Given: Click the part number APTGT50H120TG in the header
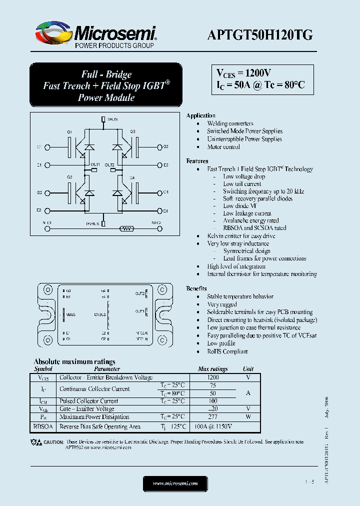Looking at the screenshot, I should click(x=260, y=34).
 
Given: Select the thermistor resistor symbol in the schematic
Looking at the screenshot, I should click(x=126, y=228).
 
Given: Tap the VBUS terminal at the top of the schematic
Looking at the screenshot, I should click(x=103, y=119).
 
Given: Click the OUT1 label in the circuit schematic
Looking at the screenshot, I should click(x=95, y=164).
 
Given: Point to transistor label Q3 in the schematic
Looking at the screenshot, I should click(x=133, y=131).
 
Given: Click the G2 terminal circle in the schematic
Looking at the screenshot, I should click(x=48, y=192).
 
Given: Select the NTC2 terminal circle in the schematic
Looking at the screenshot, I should click(x=159, y=228).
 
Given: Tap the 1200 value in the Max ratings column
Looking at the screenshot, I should click(x=213, y=377).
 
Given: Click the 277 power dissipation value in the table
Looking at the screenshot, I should click(x=213, y=416).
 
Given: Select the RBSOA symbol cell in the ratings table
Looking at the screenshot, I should click(x=43, y=427).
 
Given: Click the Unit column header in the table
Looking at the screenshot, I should click(x=248, y=369).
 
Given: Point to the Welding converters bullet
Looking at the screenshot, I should click(x=230, y=123).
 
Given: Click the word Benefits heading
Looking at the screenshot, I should click(x=197, y=289).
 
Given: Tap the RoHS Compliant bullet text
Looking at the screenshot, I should click(x=227, y=351).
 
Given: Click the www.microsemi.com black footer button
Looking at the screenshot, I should click(x=175, y=483).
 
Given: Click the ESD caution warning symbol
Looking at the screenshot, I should click(x=36, y=442).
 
